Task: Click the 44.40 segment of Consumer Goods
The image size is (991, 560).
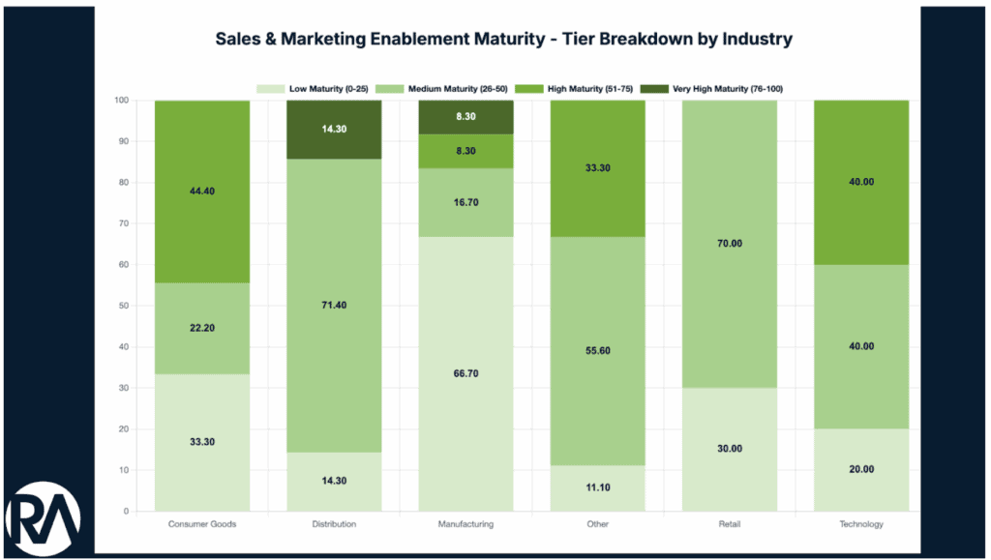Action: [x=202, y=192]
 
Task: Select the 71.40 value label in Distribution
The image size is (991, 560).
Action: [x=334, y=305]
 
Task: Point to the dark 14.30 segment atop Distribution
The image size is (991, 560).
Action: [x=334, y=130]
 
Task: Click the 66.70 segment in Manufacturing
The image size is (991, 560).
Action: [x=465, y=373]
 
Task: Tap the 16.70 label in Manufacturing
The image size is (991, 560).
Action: [x=465, y=202]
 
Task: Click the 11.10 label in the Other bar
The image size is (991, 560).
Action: [x=597, y=488]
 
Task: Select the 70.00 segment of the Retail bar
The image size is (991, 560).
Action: [x=729, y=244]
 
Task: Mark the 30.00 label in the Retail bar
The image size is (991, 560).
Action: [x=729, y=449]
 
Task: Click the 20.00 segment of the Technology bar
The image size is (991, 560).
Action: [x=860, y=469]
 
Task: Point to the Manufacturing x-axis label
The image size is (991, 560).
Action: [x=465, y=524]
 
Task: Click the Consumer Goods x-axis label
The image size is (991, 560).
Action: [x=202, y=524]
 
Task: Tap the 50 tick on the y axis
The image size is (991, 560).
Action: [x=123, y=306]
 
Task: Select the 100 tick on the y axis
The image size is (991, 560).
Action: [x=121, y=101]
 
